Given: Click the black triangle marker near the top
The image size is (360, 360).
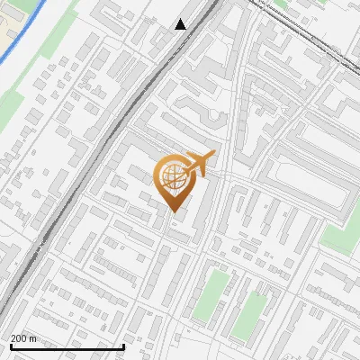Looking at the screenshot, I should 181,24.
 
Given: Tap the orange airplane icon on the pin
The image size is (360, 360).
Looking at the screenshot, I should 199,163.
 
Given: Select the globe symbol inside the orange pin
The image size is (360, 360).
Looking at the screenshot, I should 171,176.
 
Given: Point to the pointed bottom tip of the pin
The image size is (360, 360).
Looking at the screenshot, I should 172,212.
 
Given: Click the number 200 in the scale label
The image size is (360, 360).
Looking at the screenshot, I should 20,338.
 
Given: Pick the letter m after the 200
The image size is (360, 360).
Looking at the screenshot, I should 33,338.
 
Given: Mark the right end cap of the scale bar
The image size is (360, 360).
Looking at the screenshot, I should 123,346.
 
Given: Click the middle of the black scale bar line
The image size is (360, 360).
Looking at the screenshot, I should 67,346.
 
